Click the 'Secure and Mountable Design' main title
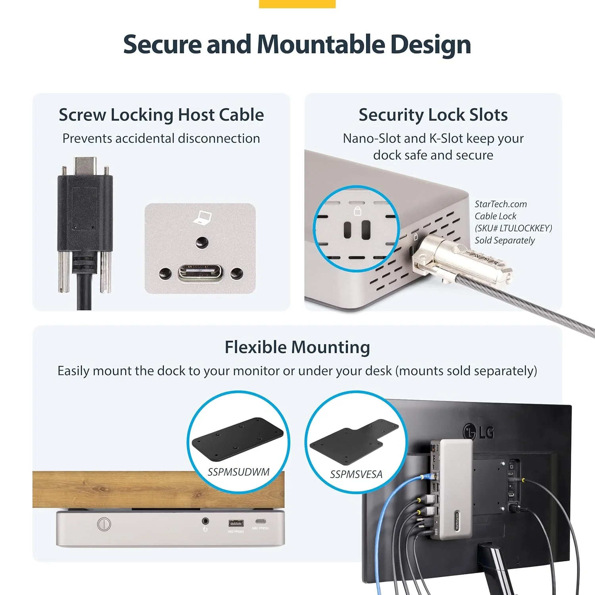pyautogui.click(x=297, y=44)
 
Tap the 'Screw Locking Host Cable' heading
pyautogui.click(x=161, y=115)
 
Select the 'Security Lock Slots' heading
pyautogui.click(x=433, y=115)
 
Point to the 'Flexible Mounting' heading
pyautogui.click(x=297, y=347)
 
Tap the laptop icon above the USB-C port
pyautogui.click(x=202, y=217)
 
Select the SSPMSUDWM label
pyautogui.click(x=238, y=472)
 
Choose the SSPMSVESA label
pyautogui.click(x=356, y=474)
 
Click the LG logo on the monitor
pyautogui.click(x=479, y=432)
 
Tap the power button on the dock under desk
pyautogui.click(x=104, y=524)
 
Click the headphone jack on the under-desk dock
pyautogui.click(x=205, y=521)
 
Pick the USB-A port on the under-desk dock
pyautogui.click(x=236, y=522)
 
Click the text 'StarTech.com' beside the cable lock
pyautogui.click(x=501, y=204)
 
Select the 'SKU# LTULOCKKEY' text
pyautogui.click(x=513, y=228)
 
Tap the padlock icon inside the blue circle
pyautogui.click(x=357, y=210)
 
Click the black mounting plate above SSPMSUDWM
pyautogui.click(x=237, y=439)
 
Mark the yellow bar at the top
pyautogui.click(x=297, y=4)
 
